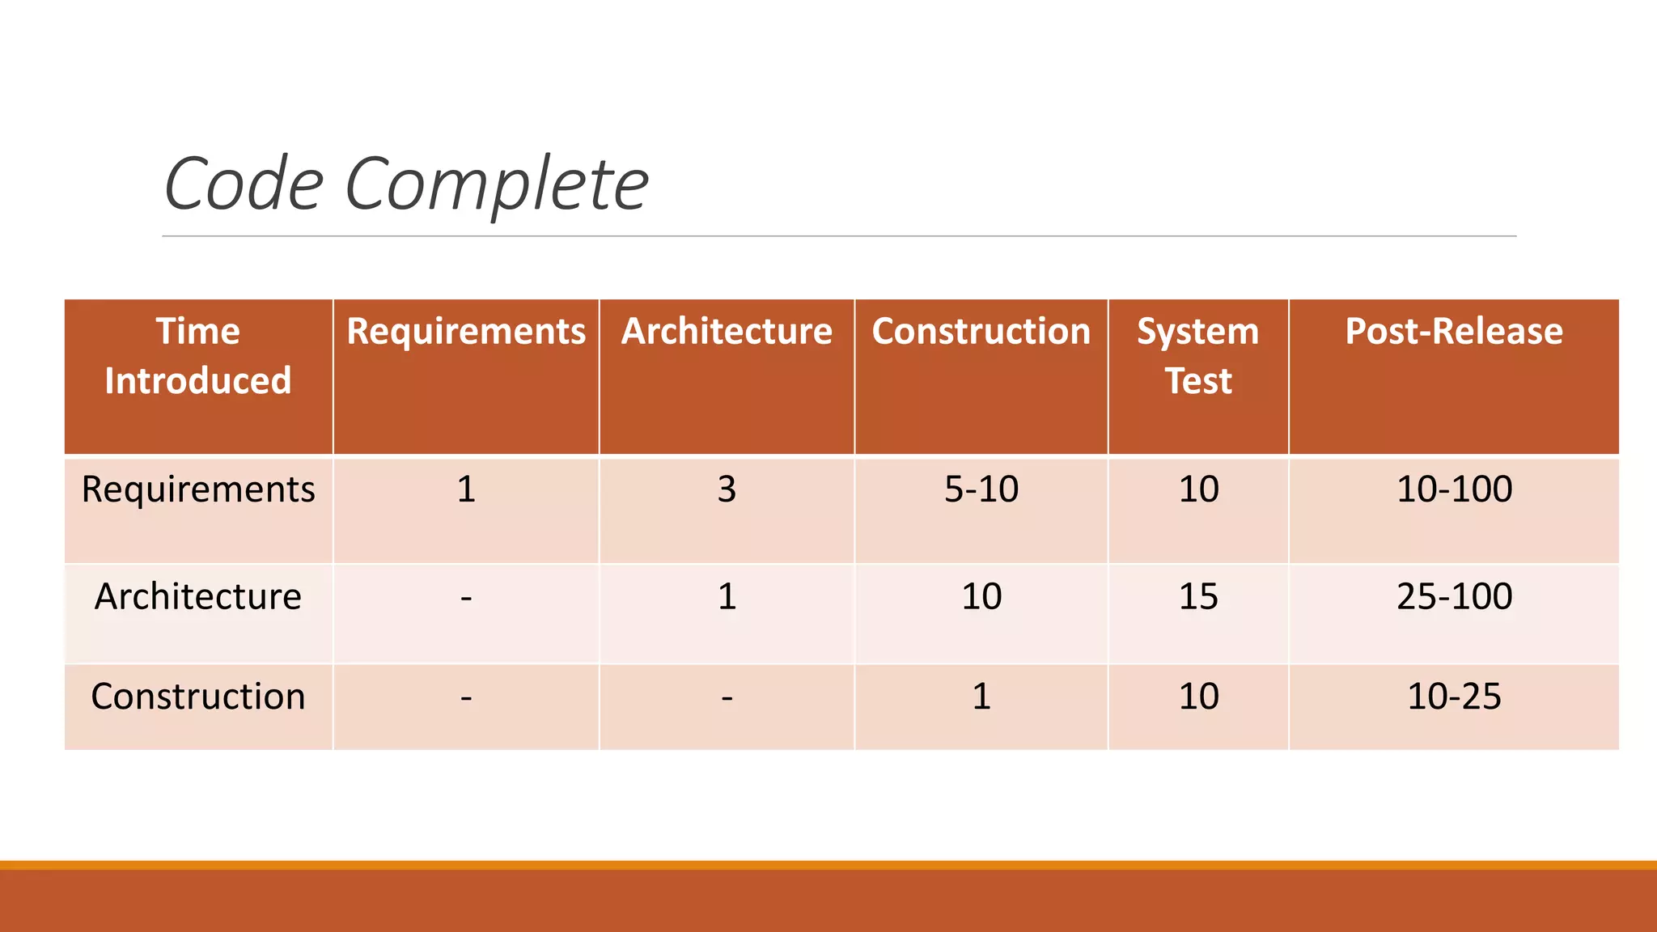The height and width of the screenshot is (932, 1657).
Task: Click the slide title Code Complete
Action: pos(406,184)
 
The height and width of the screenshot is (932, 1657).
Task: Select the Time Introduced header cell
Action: pos(198,356)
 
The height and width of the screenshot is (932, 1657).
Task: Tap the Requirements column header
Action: pos(466,332)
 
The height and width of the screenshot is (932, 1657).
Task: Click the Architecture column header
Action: pos(727,332)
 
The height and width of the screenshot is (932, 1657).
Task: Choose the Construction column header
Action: pos(981,332)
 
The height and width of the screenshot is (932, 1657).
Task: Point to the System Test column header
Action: pos(1198,356)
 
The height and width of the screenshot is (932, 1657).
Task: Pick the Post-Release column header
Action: pos(1454,332)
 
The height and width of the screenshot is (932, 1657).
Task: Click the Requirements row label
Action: pos(198,489)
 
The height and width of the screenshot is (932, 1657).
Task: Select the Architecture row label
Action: pos(198,597)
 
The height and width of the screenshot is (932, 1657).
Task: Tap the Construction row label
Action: pos(198,697)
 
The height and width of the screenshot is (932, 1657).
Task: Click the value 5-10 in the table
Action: pos(981,489)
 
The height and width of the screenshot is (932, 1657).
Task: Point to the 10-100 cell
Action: pos(1454,489)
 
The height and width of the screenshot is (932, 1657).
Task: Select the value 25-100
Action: pos(1454,597)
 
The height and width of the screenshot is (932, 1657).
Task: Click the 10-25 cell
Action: pos(1454,697)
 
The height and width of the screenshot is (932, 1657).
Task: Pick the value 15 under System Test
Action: pos(1198,597)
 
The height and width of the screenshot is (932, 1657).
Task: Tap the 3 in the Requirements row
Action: pos(727,489)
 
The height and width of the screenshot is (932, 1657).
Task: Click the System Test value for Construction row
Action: pos(1198,697)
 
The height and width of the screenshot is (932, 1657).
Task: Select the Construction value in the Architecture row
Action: pos(981,597)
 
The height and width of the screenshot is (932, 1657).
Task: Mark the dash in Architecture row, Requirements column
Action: pos(466,599)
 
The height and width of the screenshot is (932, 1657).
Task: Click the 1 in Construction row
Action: pos(981,697)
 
